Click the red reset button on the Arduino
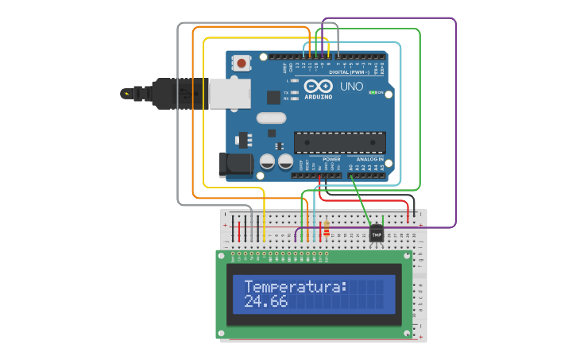coord(241,61)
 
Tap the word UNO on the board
coord(351,86)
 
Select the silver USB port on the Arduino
coord(229,92)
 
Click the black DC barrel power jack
coord(236,165)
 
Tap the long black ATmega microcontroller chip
coord(339,142)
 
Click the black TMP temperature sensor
coord(377,234)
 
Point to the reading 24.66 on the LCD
coord(266,302)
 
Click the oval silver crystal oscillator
coord(270,118)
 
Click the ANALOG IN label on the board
coord(369,159)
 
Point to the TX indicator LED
coord(295,92)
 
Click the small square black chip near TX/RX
coord(274,97)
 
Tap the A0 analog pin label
coord(350,168)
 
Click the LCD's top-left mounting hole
coord(223,256)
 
